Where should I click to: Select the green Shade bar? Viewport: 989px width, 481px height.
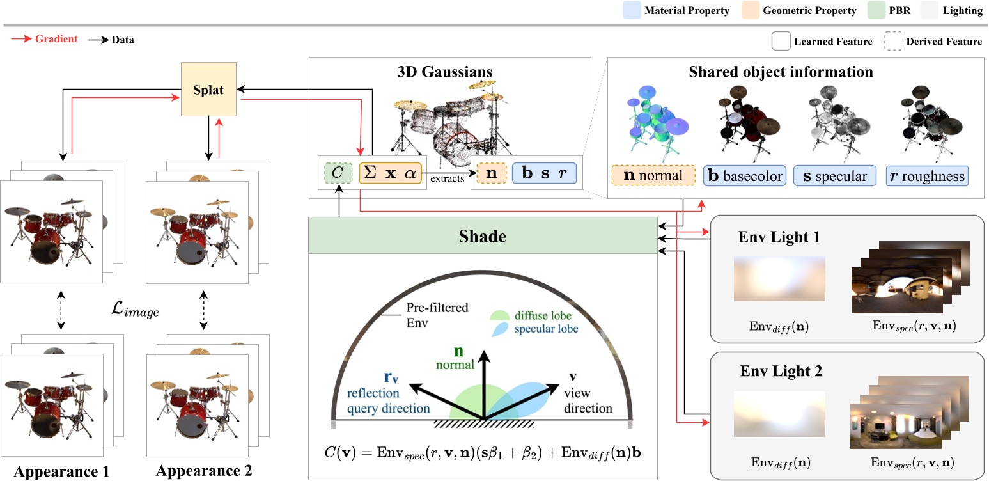[x=483, y=236]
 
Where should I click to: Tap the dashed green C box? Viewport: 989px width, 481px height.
[x=338, y=172]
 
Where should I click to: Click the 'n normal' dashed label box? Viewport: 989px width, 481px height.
[x=653, y=176]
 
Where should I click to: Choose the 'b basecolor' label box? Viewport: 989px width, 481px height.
[x=744, y=176]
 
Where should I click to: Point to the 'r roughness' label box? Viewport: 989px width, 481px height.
[x=927, y=176]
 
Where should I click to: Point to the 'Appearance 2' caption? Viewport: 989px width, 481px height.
[x=205, y=471]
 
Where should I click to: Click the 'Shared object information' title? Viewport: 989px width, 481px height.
[x=781, y=72]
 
